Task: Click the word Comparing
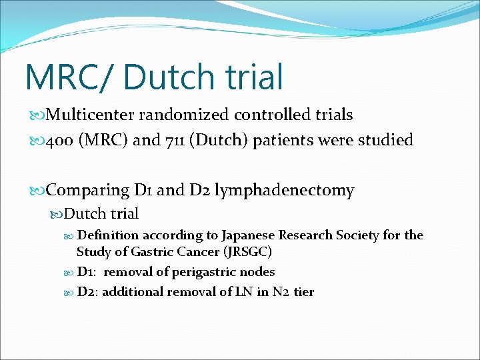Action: (88, 190)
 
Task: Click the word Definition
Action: (108, 235)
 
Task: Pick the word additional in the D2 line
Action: (132, 291)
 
